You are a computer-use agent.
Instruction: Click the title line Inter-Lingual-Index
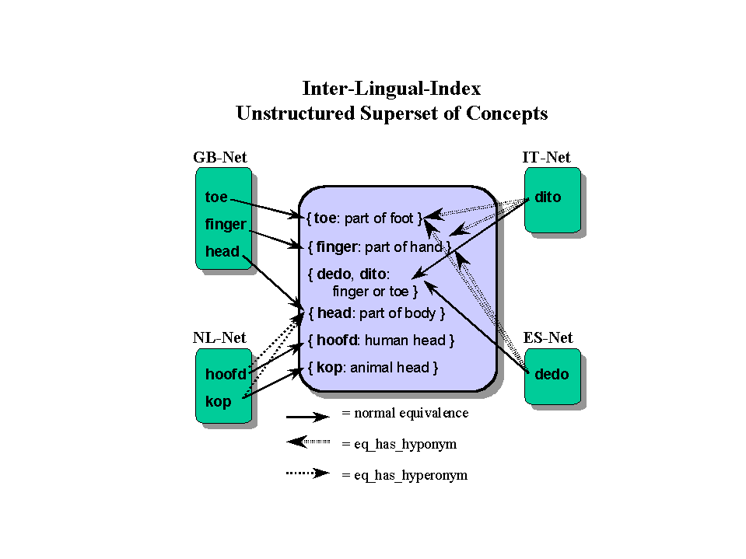pyautogui.click(x=391, y=87)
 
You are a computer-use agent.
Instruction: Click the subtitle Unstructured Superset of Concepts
pyautogui.click(x=391, y=114)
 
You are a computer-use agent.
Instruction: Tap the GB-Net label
pyautogui.click(x=220, y=158)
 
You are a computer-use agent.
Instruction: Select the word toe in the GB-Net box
pyautogui.click(x=216, y=197)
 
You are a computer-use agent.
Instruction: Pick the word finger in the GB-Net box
pyautogui.click(x=226, y=225)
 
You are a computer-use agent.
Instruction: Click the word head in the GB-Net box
pyautogui.click(x=222, y=251)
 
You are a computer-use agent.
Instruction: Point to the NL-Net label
pyautogui.click(x=219, y=338)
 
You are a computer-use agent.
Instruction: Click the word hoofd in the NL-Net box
pyautogui.click(x=226, y=374)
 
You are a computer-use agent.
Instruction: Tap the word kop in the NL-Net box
pyautogui.click(x=219, y=402)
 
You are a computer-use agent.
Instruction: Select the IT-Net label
pyautogui.click(x=546, y=158)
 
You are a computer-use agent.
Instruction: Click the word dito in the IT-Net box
pyautogui.click(x=548, y=197)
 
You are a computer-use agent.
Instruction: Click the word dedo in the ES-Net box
pyautogui.click(x=552, y=374)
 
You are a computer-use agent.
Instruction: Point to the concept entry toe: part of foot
pyautogui.click(x=364, y=218)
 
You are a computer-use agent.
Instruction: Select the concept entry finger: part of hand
pyautogui.click(x=380, y=246)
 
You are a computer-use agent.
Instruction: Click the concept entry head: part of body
pyautogui.click(x=377, y=314)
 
